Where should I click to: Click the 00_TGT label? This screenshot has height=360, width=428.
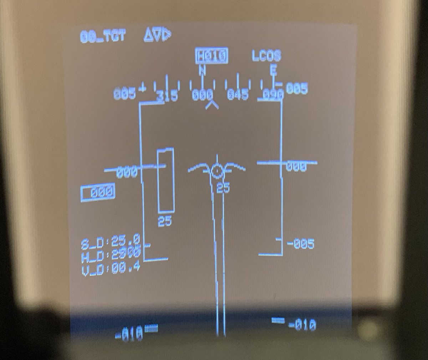[x=103, y=36]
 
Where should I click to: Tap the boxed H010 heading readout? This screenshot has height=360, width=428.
[x=212, y=56]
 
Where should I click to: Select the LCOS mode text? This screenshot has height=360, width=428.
[x=266, y=56]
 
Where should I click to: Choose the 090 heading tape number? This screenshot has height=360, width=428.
[x=274, y=94]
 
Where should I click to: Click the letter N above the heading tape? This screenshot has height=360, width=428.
[x=202, y=71]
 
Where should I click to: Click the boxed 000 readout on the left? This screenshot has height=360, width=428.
[x=98, y=193]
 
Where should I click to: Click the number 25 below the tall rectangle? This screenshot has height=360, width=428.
[x=165, y=222]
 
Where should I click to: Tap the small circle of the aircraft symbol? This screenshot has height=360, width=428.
[x=216, y=171]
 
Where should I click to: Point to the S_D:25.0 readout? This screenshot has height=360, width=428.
[x=111, y=242]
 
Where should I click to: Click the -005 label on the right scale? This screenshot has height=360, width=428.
[x=300, y=244]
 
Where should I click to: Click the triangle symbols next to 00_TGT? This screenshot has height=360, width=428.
[x=157, y=35]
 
